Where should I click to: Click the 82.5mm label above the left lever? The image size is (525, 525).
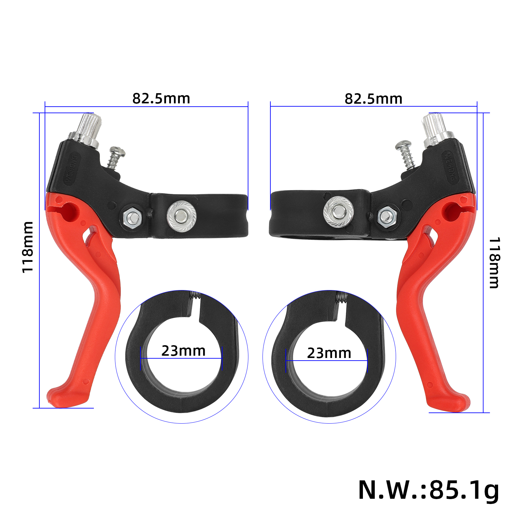point(161,98)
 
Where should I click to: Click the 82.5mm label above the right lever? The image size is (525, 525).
point(373,99)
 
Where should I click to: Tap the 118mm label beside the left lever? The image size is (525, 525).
point(28,247)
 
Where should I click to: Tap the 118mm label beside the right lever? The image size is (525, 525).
point(494,263)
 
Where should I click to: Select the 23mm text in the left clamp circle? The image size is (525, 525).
point(183,351)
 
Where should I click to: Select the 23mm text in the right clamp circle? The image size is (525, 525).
point(329,353)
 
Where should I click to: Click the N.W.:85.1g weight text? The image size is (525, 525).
point(429,491)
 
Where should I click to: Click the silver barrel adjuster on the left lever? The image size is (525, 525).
point(86,130)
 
